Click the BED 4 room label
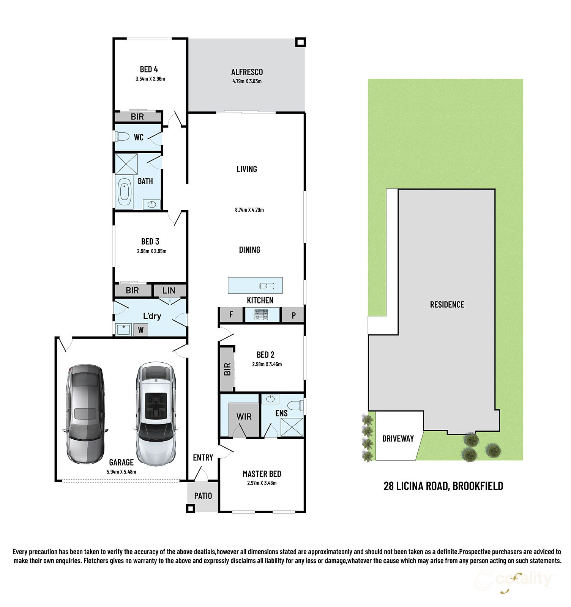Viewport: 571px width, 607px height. click(x=149, y=69)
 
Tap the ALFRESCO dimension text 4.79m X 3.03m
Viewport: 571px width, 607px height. click(x=247, y=81)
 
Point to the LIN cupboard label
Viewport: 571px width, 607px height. click(x=169, y=291)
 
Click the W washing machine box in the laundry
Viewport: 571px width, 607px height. click(x=140, y=330)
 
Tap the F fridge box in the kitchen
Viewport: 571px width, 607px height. click(x=231, y=315)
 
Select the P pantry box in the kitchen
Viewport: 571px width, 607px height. click(x=293, y=315)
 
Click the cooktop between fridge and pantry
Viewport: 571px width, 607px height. click(x=261, y=315)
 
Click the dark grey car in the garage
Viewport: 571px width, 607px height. click(x=85, y=413)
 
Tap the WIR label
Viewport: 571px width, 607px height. click(x=244, y=417)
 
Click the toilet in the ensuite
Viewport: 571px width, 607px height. click(x=296, y=405)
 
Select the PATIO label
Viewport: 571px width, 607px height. click(x=203, y=496)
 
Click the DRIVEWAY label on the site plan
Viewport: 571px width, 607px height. click(x=398, y=439)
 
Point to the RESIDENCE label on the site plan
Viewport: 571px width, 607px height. click(x=447, y=304)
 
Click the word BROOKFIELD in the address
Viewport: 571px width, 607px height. click(x=478, y=486)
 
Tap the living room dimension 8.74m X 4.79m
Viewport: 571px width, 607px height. click(x=249, y=210)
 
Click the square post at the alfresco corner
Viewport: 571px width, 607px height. click(x=301, y=42)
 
